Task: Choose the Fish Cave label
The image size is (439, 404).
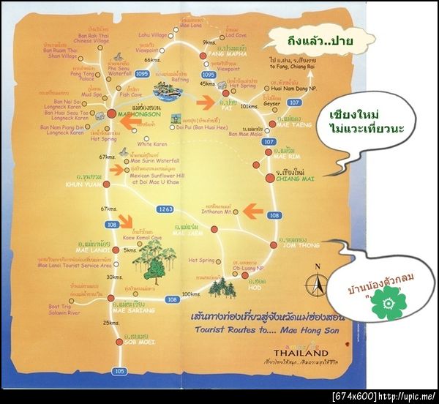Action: pyautogui.click(x=131, y=95)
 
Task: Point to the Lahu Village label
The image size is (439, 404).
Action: pyautogui.click(x=152, y=34)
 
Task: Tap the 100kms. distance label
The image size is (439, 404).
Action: pyautogui.click(x=192, y=294)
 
